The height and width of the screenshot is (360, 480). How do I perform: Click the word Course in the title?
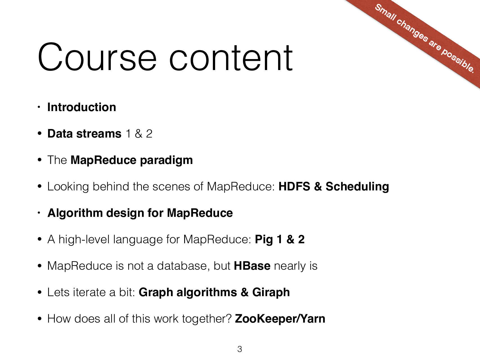coord(97,58)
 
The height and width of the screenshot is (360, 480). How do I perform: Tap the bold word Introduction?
coord(82,107)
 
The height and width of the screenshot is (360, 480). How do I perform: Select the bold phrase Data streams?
coord(84,134)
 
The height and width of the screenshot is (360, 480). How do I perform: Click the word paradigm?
coord(166,160)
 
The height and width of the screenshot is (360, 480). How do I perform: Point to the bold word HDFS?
coord(294,186)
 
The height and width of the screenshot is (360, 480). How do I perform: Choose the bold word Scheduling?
coord(357,187)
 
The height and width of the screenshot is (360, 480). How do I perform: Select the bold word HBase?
coord(252,266)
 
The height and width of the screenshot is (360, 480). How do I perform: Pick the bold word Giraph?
coord(271,292)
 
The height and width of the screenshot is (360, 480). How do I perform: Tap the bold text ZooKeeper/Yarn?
coord(280,319)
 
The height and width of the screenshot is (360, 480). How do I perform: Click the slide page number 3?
coord(240,349)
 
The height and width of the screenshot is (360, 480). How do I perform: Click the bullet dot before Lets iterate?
coord(40,292)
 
